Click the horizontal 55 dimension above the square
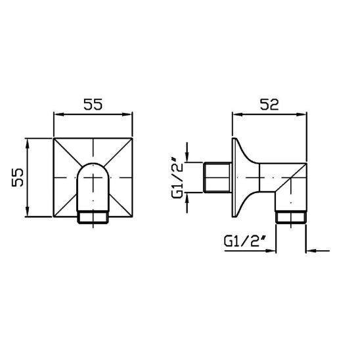93,104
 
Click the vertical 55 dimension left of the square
18,177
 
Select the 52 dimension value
269,104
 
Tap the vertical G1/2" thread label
177,177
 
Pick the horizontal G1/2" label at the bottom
245,241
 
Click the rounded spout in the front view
93,187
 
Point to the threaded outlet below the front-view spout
93,217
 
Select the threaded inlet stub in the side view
217,177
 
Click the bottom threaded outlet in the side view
291,217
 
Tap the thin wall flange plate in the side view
234,177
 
